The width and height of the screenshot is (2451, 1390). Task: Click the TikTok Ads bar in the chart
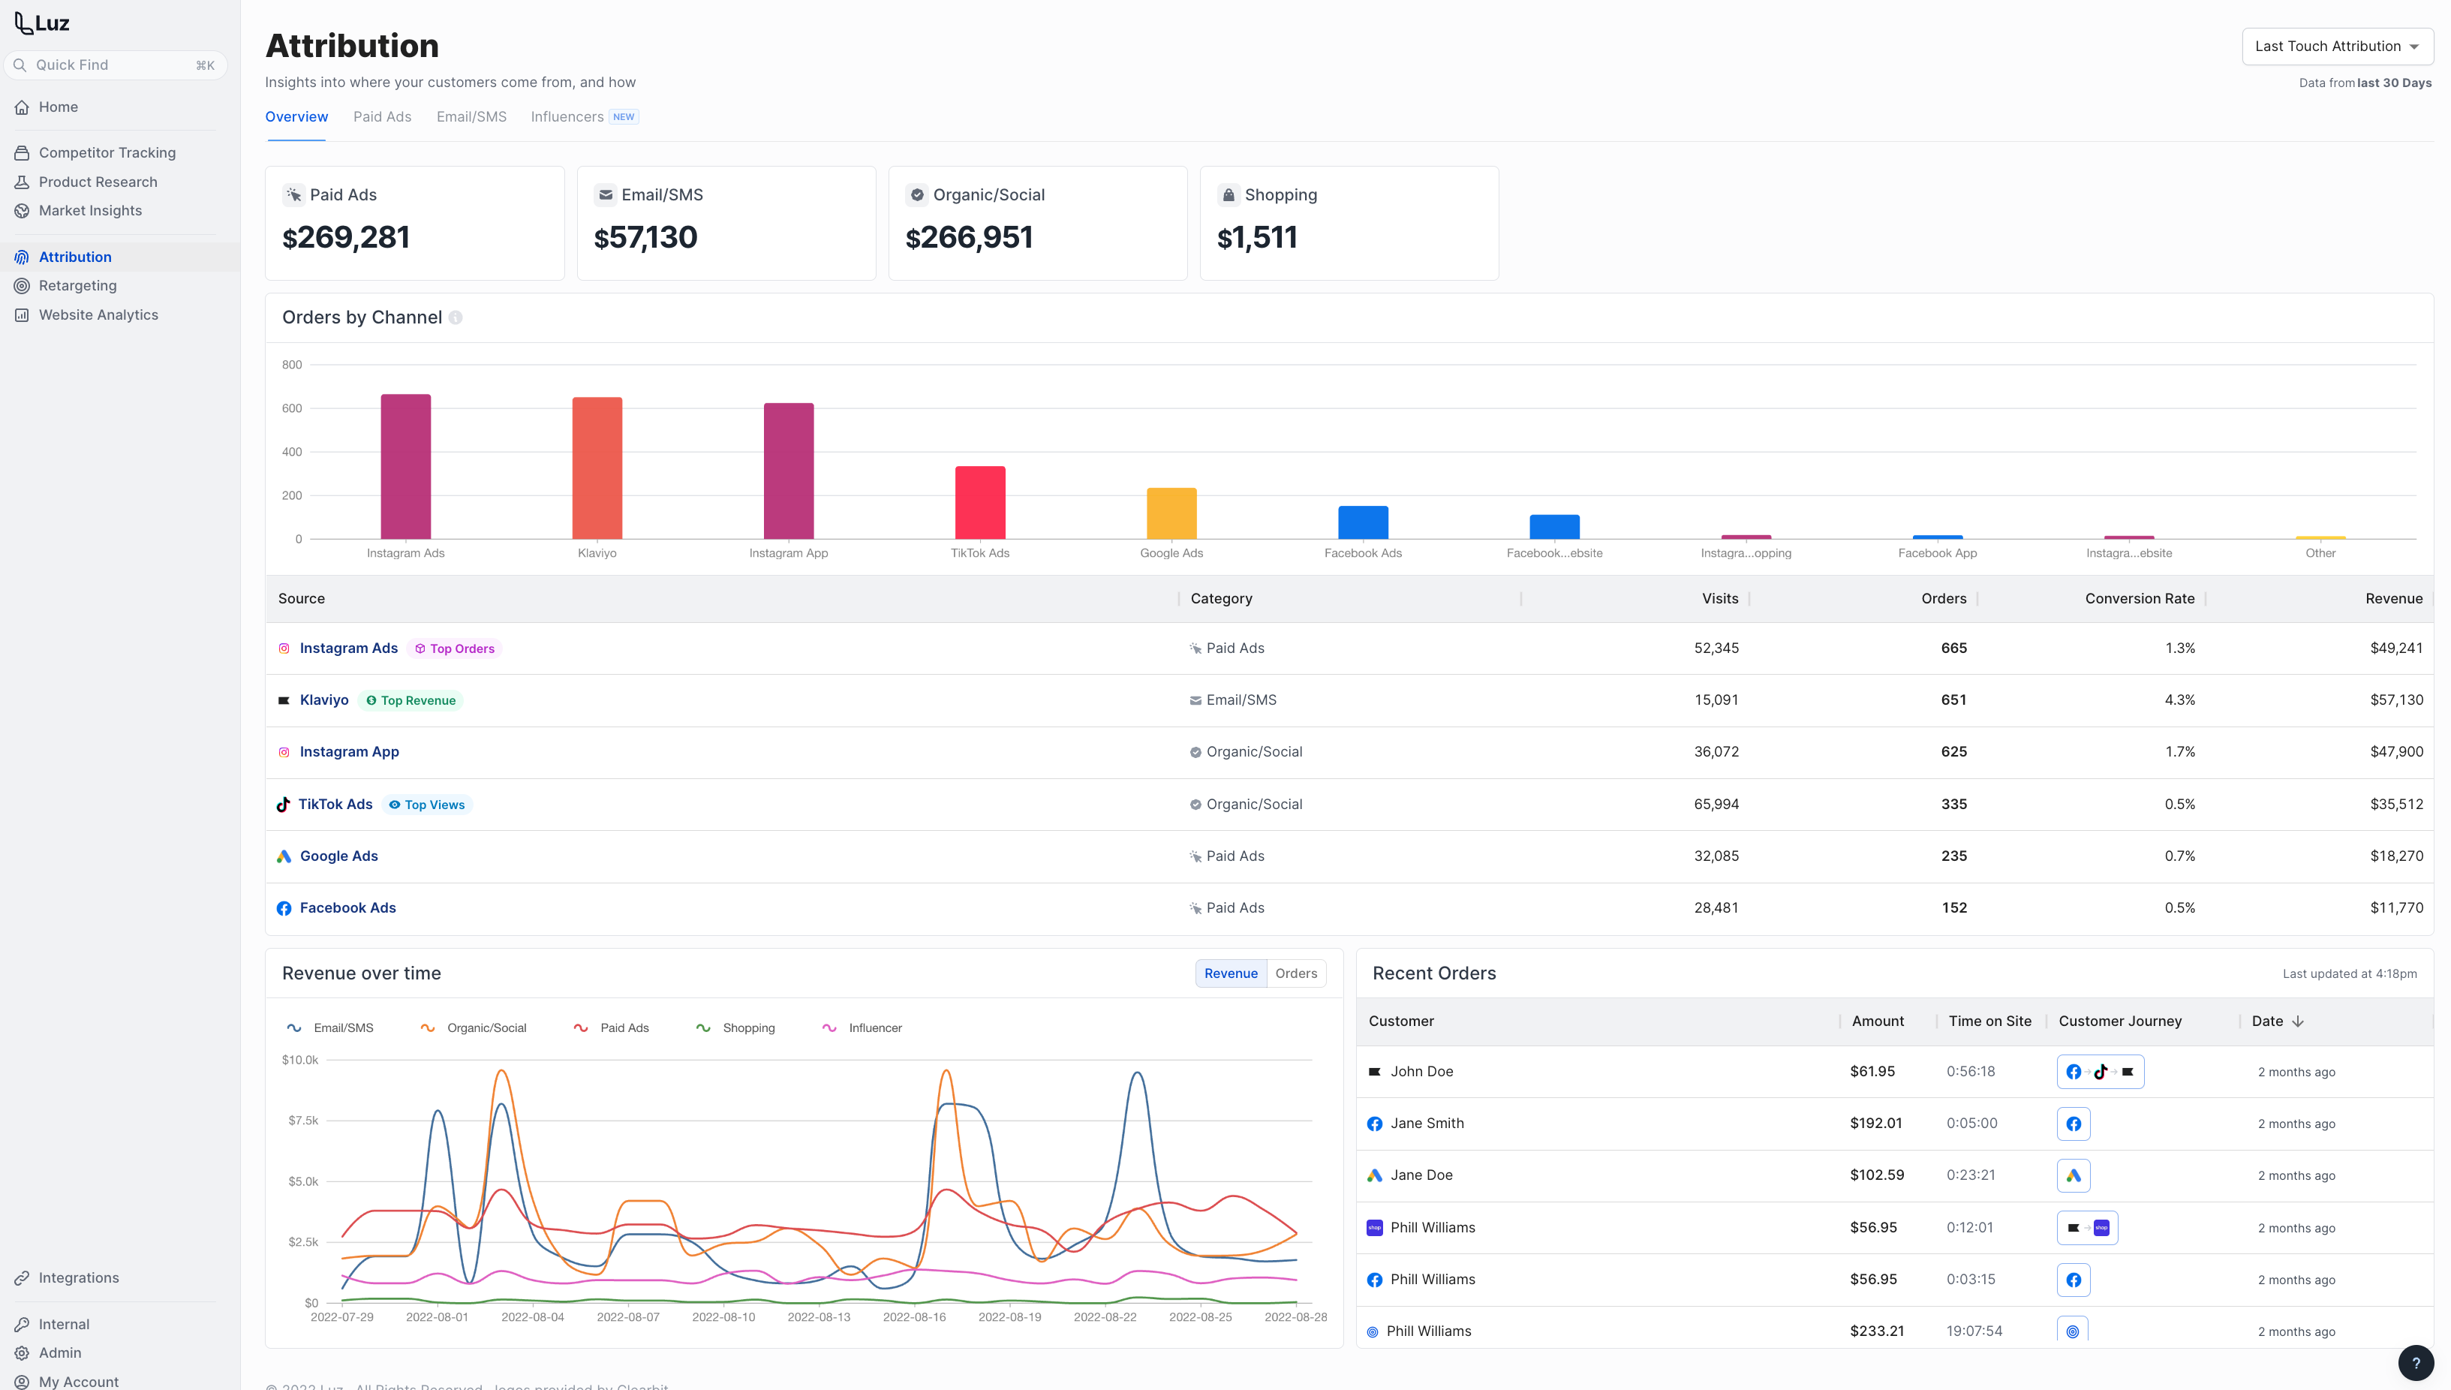[979, 502]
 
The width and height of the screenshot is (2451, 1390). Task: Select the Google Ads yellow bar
[1171, 513]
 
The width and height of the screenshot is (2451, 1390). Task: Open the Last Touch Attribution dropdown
[2336, 46]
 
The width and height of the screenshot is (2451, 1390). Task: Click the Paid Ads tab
[382, 116]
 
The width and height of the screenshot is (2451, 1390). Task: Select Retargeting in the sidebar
[77, 285]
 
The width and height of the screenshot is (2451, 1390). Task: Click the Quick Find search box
[116, 65]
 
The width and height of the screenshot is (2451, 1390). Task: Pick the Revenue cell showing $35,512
[2395, 804]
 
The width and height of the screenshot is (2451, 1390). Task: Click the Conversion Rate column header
[2139, 599]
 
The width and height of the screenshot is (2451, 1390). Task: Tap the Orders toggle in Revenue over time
[1295, 973]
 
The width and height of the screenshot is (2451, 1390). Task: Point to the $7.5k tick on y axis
[302, 1121]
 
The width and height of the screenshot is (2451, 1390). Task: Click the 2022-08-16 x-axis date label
[913, 1316]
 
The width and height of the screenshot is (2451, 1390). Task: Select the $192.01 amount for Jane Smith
[1875, 1124]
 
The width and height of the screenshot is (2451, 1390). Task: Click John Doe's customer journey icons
[2100, 1071]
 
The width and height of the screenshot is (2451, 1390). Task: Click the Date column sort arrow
[2297, 1021]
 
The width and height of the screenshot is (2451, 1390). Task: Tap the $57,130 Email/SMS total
[645, 236]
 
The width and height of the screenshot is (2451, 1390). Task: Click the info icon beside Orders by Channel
[456, 318]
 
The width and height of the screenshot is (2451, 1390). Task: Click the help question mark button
[2415, 1363]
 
